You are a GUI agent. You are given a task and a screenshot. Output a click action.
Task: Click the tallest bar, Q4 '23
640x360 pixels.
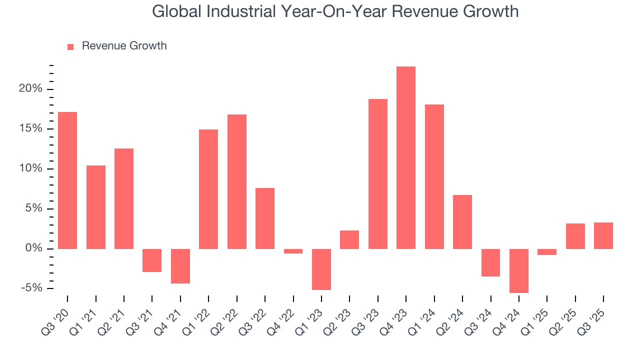(x=405, y=157)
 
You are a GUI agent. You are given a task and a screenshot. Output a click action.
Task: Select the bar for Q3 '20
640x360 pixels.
(x=67, y=180)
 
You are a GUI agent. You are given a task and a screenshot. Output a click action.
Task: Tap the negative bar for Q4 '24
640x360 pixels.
(x=518, y=270)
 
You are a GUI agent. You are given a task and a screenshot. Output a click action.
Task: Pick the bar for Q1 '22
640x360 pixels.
(x=208, y=189)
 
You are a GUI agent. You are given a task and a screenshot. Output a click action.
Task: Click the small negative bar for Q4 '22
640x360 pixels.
(x=293, y=251)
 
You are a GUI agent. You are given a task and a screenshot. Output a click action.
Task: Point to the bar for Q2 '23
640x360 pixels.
(x=349, y=239)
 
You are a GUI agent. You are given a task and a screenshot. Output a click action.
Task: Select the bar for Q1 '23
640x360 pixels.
(x=321, y=269)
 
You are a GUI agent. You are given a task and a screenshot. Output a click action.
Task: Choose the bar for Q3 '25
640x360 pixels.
(x=603, y=235)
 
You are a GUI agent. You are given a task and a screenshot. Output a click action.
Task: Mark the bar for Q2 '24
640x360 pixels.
(x=462, y=221)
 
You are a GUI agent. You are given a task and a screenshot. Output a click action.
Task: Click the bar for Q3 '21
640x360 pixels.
(x=152, y=260)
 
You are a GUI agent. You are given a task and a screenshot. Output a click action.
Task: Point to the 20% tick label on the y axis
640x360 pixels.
(x=31, y=89)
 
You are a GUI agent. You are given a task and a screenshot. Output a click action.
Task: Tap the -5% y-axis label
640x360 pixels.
(x=31, y=288)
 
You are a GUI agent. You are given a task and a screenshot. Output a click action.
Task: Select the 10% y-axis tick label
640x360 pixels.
(x=31, y=168)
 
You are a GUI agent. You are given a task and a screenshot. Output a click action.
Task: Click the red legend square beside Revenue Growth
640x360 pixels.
(x=70, y=46)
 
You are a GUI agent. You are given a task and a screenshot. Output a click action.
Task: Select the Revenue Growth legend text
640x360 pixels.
(x=124, y=46)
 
